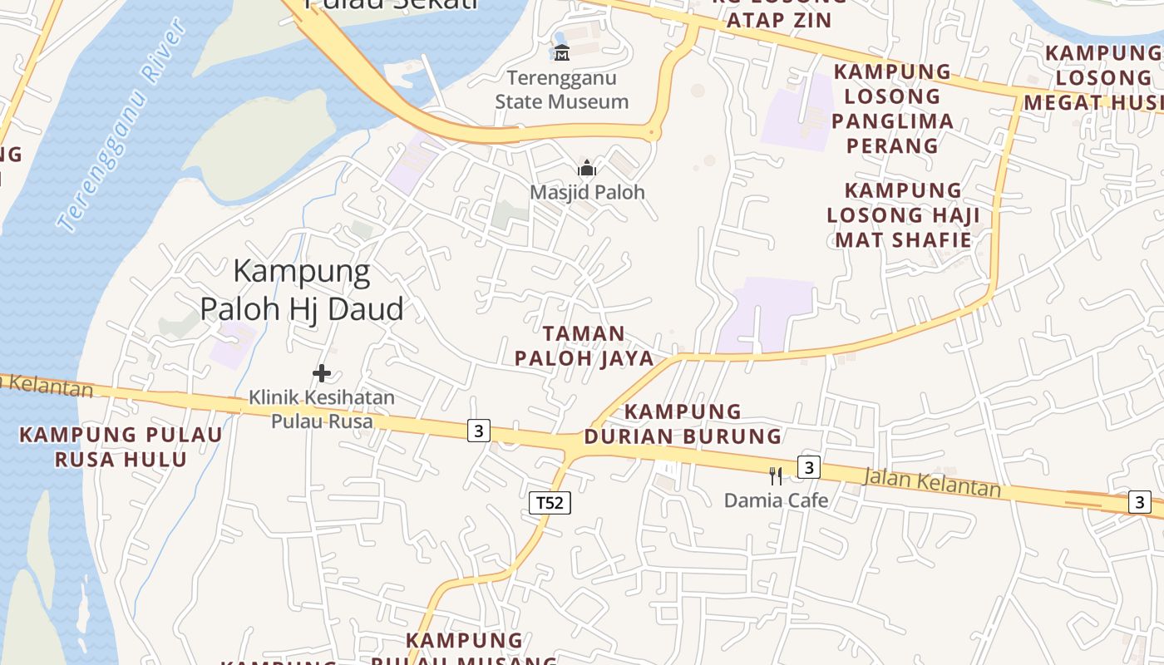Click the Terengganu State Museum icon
point(562,52)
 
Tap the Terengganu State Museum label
point(562,90)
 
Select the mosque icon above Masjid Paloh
point(587,168)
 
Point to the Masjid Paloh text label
point(587,192)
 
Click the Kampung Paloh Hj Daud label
point(302,289)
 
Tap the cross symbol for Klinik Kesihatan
point(322,373)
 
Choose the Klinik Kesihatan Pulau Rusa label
point(322,409)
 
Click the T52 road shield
point(550,502)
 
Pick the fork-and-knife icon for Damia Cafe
point(775,476)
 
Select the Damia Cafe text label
point(776,500)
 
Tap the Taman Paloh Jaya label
point(583,346)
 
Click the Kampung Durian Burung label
point(683,424)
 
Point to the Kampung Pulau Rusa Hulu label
point(121,446)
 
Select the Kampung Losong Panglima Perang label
point(893,109)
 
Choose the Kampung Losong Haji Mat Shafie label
point(903,215)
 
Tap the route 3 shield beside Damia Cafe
point(809,466)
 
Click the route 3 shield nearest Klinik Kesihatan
point(478,431)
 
